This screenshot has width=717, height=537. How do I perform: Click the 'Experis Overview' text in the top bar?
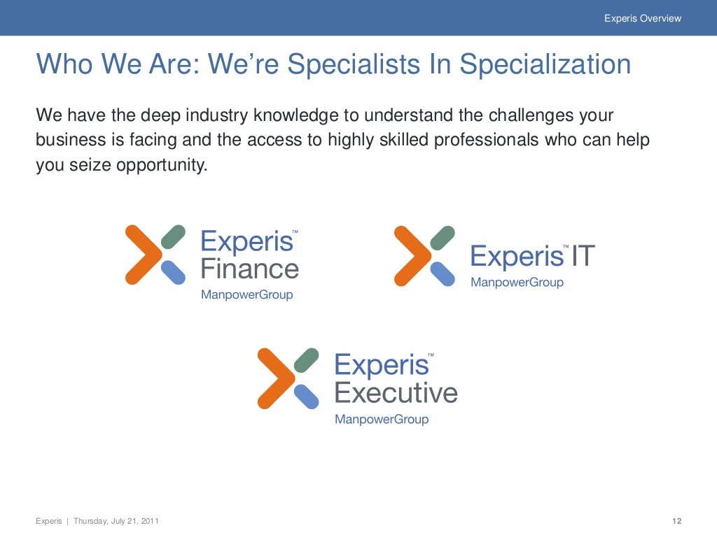(x=642, y=18)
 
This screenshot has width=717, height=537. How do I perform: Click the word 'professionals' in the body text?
(x=487, y=140)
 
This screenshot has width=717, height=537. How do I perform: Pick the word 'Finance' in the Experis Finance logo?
(x=249, y=268)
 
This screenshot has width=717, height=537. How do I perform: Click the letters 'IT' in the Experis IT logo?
(x=583, y=257)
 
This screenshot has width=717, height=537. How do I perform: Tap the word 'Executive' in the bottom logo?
(x=396, y=393)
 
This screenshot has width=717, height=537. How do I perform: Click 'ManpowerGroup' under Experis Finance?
(x=246, y=294)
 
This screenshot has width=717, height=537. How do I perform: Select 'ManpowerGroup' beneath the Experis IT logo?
(x=517, y=282)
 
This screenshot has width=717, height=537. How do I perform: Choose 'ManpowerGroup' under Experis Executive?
(x=381, y=420)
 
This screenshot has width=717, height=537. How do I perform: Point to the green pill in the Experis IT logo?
(x=442, y=238)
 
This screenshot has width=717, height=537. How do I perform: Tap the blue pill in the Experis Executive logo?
(x=305, y=396)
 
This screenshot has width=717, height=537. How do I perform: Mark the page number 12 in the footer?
(x=676, y=521)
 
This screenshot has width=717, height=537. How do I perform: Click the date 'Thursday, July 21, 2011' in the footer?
(x=116, y=521)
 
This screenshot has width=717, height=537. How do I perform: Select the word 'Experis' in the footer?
(x=48, y=521)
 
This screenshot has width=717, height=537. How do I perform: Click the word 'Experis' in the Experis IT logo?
(x=517, y=257)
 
